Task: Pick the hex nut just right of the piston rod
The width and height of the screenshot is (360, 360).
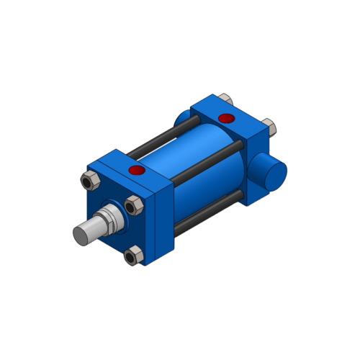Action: tap(132, 207)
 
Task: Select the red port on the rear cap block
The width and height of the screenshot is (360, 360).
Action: tap(225, 117)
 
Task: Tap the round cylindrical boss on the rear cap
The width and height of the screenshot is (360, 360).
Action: tap(271, 173)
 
